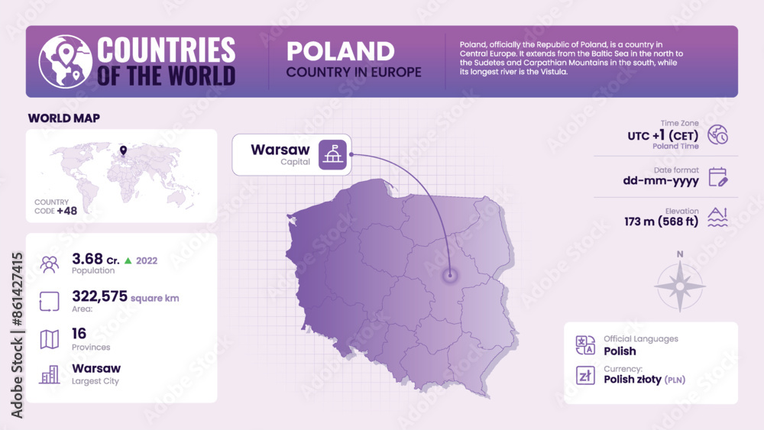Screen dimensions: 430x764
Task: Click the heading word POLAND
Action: click(x=340, y=51)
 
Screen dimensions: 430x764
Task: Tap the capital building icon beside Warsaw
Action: click(x=332, y=154)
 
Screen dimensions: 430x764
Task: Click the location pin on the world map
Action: click(x=123, y=150)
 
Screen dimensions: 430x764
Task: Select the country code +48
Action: click(x=66, y=210)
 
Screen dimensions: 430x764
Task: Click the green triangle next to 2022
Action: click(x=128, y=260)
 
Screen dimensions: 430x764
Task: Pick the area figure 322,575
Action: click(x=99, y=296)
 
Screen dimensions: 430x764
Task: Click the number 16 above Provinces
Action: click(x=79, y=333)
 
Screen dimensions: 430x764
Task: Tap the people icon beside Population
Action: click(x=50, y=264)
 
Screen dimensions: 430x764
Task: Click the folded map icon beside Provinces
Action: click(x=50, y=339)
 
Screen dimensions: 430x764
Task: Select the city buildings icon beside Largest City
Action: click(x=50, y=374)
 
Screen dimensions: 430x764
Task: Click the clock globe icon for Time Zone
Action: click(x=717, y=135)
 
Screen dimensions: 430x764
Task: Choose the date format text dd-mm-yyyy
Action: click(x=661, y=181)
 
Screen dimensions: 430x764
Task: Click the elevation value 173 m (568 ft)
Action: click(x=661, y=222)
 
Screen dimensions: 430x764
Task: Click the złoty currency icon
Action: click(x=585, y=374)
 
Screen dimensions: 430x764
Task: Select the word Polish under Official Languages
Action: click(x=620, y=351)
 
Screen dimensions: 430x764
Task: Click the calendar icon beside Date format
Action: click(x=717, y=177)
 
